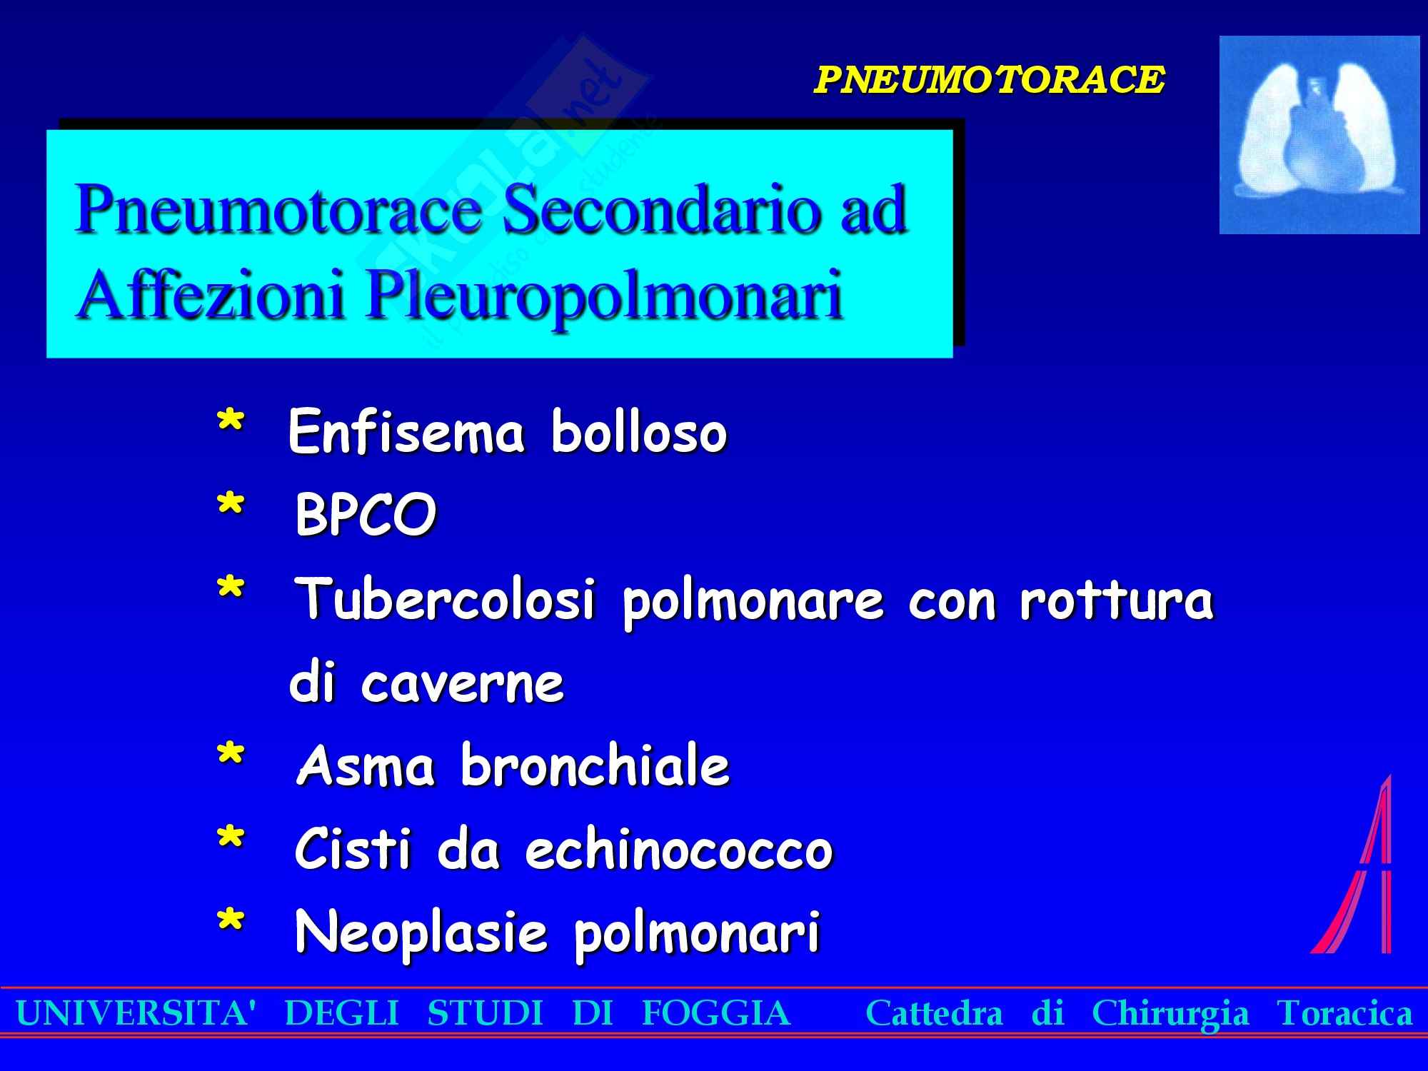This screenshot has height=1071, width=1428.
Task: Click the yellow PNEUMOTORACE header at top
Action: click(990, 79)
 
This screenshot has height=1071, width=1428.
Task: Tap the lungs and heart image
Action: click(1319, 134)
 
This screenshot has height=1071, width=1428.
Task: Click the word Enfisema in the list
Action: click(406, 432)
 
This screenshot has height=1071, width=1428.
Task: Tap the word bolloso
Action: click(640, 432)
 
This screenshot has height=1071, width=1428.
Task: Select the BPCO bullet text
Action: click(366, 515)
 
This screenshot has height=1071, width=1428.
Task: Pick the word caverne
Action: click(463, 684)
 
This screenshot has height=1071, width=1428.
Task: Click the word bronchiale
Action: click(595, 765)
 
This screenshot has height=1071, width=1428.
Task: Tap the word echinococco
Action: click(679, 849)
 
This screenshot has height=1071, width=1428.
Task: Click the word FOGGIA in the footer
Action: click(716, 1012)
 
